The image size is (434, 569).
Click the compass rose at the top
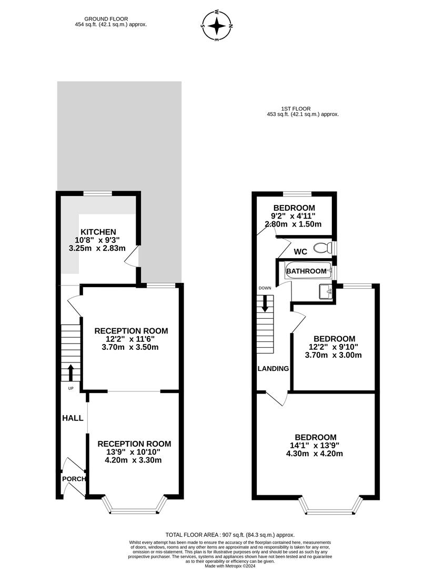(217, 25)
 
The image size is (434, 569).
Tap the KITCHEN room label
(98, 232)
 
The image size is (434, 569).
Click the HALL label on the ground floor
(73, 418)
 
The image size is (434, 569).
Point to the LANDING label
(273, 368)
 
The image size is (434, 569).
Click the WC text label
(300, 252)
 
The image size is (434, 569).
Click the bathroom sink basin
(326, 291)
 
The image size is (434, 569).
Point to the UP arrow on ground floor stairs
(71, 371)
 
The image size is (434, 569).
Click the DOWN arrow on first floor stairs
(265, 302)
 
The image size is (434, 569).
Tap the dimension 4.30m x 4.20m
(315, 454)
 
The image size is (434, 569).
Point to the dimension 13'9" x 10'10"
(134, 452)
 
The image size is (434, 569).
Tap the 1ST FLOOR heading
(302, 109)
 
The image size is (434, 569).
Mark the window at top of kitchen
(98, 194)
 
